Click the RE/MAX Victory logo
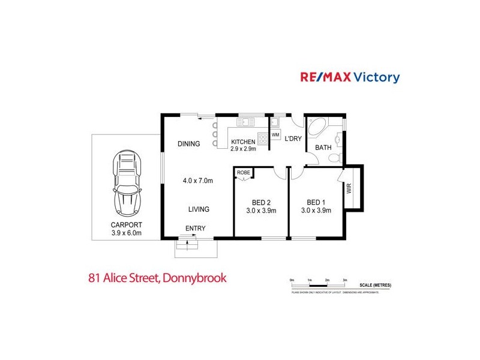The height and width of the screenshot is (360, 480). click(350, 77)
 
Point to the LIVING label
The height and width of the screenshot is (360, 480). click(199, 209)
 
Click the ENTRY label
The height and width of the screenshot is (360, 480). click(195, 229)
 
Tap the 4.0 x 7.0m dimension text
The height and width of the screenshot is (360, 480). click(199, 180)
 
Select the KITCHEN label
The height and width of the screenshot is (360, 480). click(244, 142)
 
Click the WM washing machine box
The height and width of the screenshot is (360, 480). click(275, 135)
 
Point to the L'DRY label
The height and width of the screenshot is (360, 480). click(293, 139)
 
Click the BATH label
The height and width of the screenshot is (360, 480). click(323, 147)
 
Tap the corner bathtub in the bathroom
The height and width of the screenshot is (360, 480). click(316, 128)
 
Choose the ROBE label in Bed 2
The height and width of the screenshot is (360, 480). click(243, 173)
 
